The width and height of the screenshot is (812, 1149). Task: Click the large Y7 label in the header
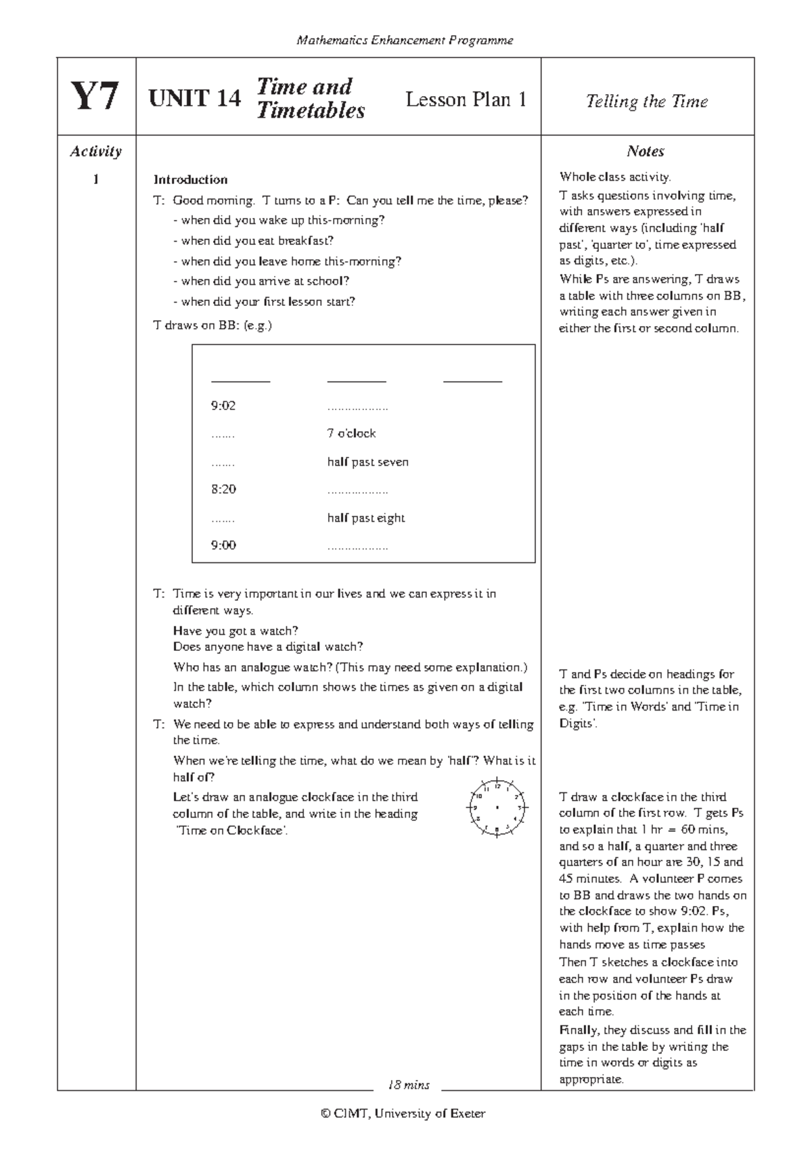pyautogui.click(x=95, y=97)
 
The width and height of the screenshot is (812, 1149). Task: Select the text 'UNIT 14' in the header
pyautogui.click(x=194, y=99)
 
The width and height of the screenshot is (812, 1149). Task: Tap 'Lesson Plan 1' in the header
pyautogui.click(x=466, y=99)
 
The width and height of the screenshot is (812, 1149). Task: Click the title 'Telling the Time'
pyautogui.click(x=646, y=102)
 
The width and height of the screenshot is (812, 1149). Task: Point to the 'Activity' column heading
pyautogui.click(x=95, y=151)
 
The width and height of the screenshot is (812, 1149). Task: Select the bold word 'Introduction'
pyautogui.click(x=190, y=179)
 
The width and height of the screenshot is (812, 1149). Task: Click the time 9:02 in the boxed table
pyautogui.click(x=223, y=406)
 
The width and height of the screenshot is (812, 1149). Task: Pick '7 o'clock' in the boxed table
pyautogui.click(x=351, y=433)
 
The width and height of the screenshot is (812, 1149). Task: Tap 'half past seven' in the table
pyautogui.click(x=367, y=462)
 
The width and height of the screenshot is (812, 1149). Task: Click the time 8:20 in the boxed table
pyautogui.click(x=223, y=489)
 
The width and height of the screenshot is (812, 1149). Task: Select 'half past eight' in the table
pyautogui.click(x=365, y=518)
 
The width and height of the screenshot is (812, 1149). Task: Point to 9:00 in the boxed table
pyautogui.click(x=223, y=545)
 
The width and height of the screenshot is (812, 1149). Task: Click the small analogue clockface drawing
pyautogui.click(x=497, y=808)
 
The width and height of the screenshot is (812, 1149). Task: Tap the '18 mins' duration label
pyautogui.click(x=407, y=1085)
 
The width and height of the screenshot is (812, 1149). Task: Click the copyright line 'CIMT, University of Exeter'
pyautogui.click(x=403, y=1113)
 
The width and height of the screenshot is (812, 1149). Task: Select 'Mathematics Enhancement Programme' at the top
pyautogui.click(x=405, y=41)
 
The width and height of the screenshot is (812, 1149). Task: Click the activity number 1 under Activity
pyautogui.click(x=95, y=179)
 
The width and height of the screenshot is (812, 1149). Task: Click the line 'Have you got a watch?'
pyautogui.click(x=235, y=631)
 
